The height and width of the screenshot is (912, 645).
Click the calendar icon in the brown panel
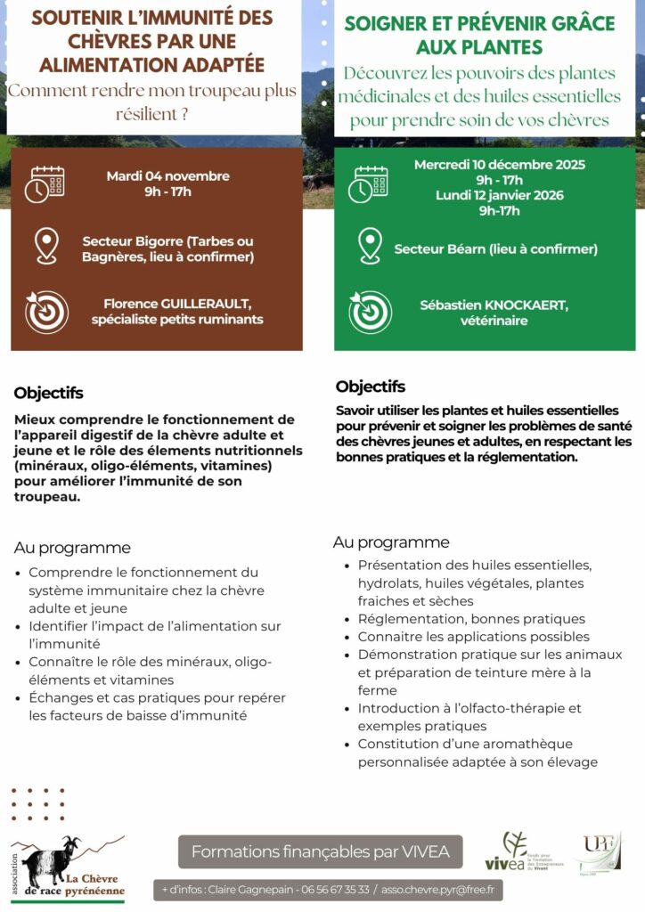[45, 184]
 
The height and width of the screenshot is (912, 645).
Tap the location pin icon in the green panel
[370, 246]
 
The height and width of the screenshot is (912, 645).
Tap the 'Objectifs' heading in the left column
[48, 393]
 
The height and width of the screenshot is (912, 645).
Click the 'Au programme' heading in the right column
[391, 542]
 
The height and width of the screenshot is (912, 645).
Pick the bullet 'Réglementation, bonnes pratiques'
[471, 619]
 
